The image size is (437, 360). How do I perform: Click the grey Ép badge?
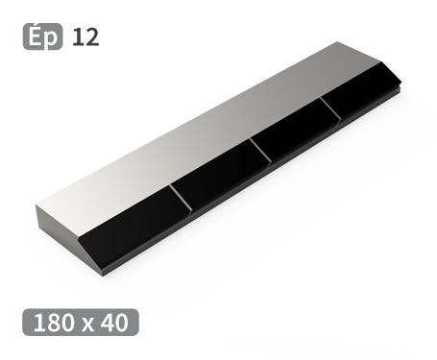(x=41, y=37)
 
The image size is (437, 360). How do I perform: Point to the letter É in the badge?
(x=34, y=36)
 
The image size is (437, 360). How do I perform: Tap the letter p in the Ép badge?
(x=52, y=39)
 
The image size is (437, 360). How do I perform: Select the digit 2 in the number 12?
(x=91, y=37)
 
